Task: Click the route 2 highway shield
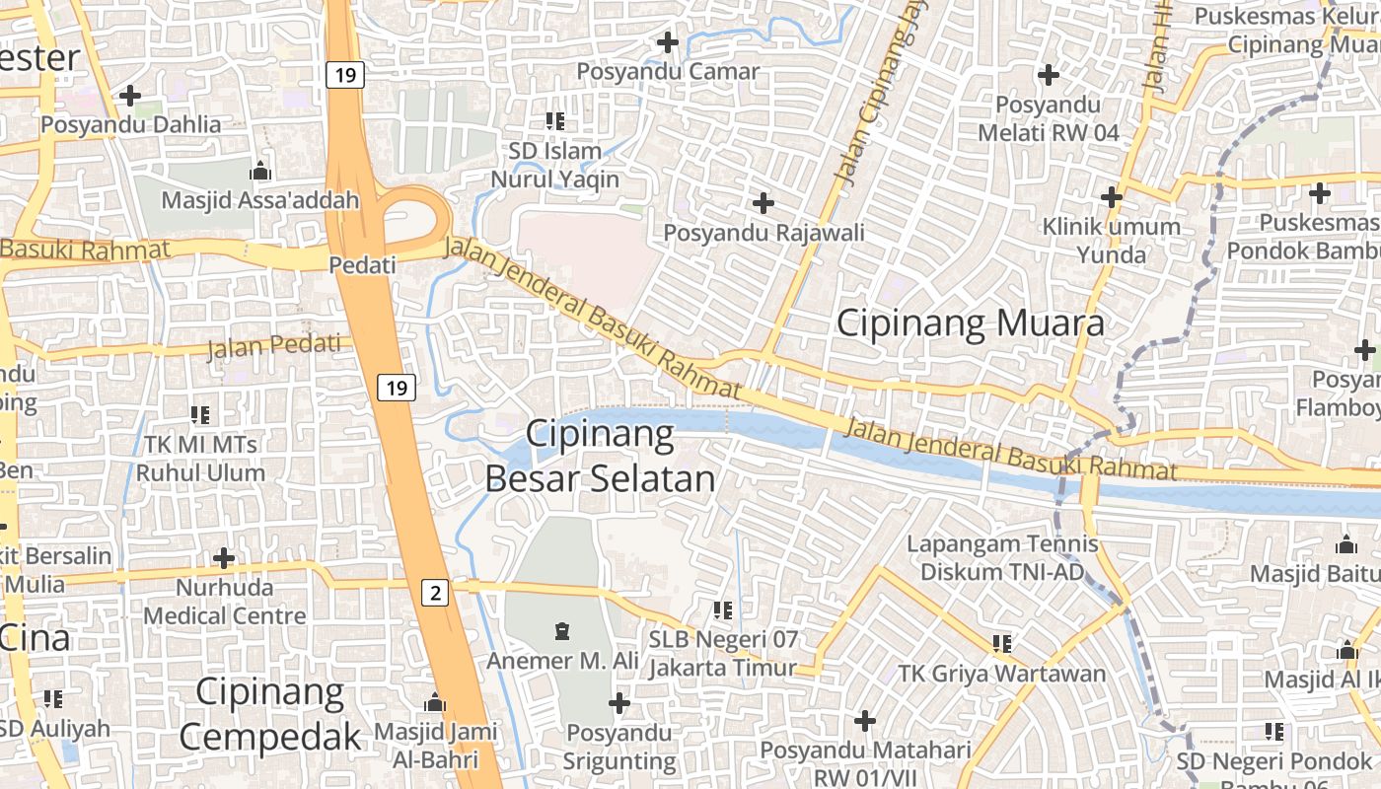(x=435, y=593)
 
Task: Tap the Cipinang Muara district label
(x=971, y=323)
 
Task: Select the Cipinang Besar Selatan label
(x=600, y=456)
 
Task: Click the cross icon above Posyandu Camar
(x=668, y=42)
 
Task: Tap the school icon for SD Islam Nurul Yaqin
(x=555, y=121)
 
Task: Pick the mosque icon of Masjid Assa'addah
(x=260, y=171)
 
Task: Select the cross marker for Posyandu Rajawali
(x=763, y=203)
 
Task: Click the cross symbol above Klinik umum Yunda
(x=1112, y=197)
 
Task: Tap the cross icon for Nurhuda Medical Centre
(x=224, y=558)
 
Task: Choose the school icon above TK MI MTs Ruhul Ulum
(x=200, y=415)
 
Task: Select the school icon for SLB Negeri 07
(x=723, y=610)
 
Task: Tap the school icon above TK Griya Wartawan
(x=1002, y=644)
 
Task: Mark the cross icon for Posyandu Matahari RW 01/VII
(x=865, y=721)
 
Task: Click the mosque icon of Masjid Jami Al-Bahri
(x=435, y=703)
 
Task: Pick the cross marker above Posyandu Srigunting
(x=619, y=703)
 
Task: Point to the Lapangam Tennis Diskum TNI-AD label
(x=1002, y=558)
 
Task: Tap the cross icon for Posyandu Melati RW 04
(x=1049, y=74)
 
